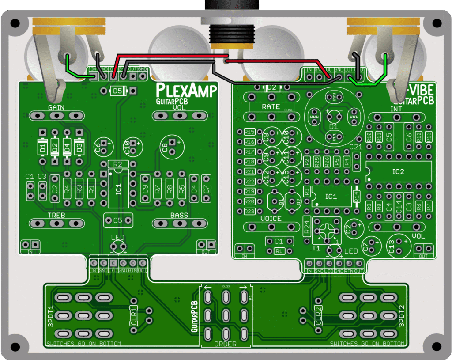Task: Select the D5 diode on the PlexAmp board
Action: pyautogui.click(x=117, y=91)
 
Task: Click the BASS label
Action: pyautogui.click(x=179, y=215)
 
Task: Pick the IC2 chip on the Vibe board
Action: pyautogui.click(x=398, y=171)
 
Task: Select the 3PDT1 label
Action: pyautogui.click(x=50, y=316)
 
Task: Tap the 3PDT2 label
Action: pyautogui.click(x=401, y=316)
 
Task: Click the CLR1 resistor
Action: pyautogui.click(x=133, y=315)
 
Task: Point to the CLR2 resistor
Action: pyautogui.click(x=318, y=315)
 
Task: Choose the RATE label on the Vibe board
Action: pyautogui.click(x=271, y=106)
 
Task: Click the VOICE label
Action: pyautogui.click(x=271, y=219)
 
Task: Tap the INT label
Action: pyautogui.click(x=396, y=109)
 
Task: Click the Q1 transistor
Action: pyautogui.click(x=276, y=201)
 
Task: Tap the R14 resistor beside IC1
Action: pyautogui.click(x=357, y=197)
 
